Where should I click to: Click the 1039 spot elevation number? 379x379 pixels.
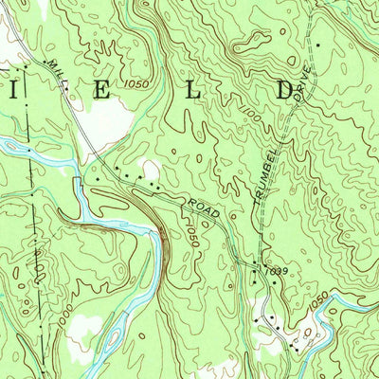(x=276, y=272)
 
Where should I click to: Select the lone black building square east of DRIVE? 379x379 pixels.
(x=319, y=45)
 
